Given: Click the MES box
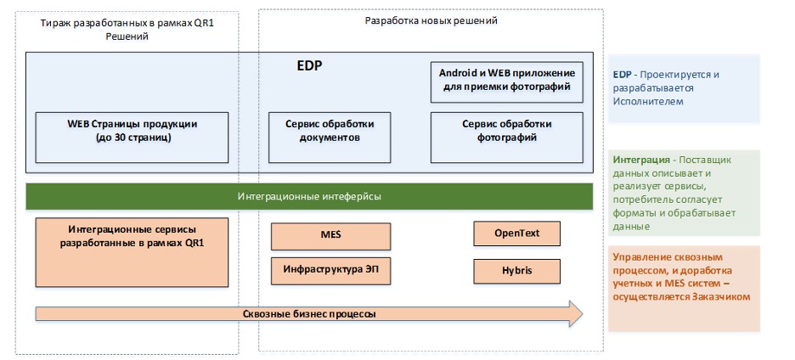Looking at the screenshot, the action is pyautogui.click(x=330, y=236).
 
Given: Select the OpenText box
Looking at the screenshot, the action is pyautogui.click(x=516, y=233).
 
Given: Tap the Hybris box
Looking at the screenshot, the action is pyautogui.click(x=516, y=271).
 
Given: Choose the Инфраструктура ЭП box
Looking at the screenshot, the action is pyautogui.click(x=330, y=271).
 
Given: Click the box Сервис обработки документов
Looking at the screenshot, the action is pyautogui.click(x=330, y=138).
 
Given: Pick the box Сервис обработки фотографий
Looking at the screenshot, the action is pyautogui.click(x=506, y=138).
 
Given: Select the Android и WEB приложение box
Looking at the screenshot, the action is pyautogui.click(x=506, y=82).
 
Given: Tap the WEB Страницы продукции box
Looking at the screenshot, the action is pyautogui.click(x=132, y=138).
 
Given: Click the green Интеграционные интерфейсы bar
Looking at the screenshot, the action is pyautogui.click(x=309, y=196).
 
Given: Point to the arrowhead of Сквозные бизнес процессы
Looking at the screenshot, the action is pyautogui.click(x=582, y=314).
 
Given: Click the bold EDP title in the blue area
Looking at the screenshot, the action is pyautogui.click(x=309, y=66).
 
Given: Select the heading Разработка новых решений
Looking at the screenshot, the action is pyautogui.click(x=431, y=20).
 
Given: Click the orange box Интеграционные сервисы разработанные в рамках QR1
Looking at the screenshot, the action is pyautogui.click(x=132, y=252).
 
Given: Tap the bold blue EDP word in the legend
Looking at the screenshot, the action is pyautogui.click(x=622, y=75).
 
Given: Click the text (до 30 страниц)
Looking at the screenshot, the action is pyautogui.click(x=132, y=138).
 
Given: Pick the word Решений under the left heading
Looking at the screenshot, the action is pyautogui.click(x=127, y=37).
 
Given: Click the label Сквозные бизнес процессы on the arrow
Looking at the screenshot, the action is pyautogui.click(x=309, y=314).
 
